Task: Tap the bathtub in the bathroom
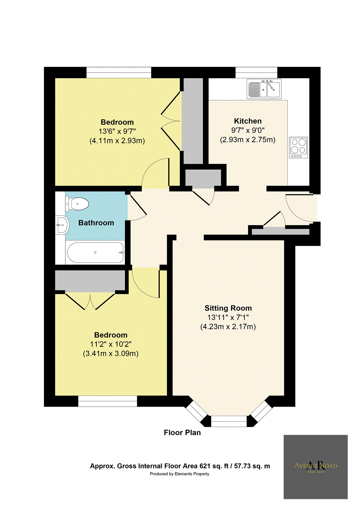pos(95,253)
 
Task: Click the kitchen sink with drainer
pos(264,89)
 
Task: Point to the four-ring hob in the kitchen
pos(298,148)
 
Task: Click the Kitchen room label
pos(248,121)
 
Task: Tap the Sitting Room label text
pos(228,308)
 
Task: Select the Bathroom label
pos(96,223)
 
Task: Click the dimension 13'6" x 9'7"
pos(117,131)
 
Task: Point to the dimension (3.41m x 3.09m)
pos(111,354)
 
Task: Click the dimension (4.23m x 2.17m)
pos(228,327)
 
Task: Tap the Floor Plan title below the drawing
pos(182,433)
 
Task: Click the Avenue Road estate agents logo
pos(315,467)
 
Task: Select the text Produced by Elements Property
pos(179,474)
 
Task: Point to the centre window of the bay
pos(229,421)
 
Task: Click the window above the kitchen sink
pos(256,72)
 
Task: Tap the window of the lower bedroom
pos(108,401)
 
